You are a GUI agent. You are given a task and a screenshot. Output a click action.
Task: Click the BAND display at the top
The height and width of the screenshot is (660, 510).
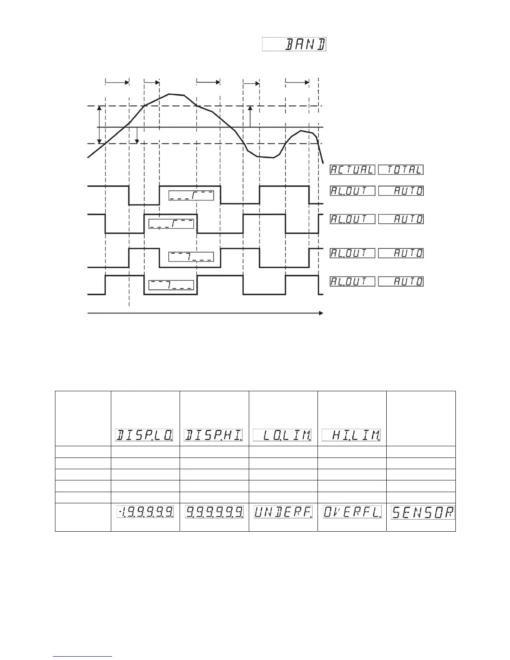pos(294,45)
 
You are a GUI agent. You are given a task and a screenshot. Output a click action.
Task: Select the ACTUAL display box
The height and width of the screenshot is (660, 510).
pos(352,170)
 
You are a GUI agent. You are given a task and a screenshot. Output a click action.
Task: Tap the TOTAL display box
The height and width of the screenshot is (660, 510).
pos(401,170)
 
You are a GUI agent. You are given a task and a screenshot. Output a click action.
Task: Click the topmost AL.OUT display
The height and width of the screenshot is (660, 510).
pos(352,191)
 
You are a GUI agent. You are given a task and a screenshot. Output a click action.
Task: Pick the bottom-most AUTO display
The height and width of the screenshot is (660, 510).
pos(401,281)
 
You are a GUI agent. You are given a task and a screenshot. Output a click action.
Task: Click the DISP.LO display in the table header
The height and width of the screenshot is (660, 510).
pos(144,435)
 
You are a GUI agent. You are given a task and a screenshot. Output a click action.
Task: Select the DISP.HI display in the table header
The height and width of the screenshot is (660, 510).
pos(213,435)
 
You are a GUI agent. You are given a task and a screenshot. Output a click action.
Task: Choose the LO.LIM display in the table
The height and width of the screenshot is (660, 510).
pos(282,435)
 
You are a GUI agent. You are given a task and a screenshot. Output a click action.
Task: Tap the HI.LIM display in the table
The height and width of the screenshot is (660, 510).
pos(351,435)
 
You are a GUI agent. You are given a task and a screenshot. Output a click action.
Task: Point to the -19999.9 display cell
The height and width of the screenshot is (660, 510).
pos(145,512)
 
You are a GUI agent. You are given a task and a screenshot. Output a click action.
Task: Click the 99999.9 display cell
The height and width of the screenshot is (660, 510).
pos(214,512)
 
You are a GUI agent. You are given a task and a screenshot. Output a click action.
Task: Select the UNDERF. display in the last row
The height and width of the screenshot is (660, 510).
pos(283,512)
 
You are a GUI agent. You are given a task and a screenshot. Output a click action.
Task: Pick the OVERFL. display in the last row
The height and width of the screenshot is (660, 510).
pos(352,512)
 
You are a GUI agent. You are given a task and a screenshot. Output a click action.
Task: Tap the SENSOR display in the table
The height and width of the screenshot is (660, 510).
pos(422,512)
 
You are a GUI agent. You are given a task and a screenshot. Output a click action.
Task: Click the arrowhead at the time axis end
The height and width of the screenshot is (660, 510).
pos(321,313)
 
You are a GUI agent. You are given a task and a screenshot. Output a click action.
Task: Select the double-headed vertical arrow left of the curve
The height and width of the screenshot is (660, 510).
pos(99,125)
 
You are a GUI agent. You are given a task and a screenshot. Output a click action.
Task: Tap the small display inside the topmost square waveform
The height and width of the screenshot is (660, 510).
pos(191,195)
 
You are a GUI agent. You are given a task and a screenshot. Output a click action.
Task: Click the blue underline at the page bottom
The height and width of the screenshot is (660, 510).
pos(82,657)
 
